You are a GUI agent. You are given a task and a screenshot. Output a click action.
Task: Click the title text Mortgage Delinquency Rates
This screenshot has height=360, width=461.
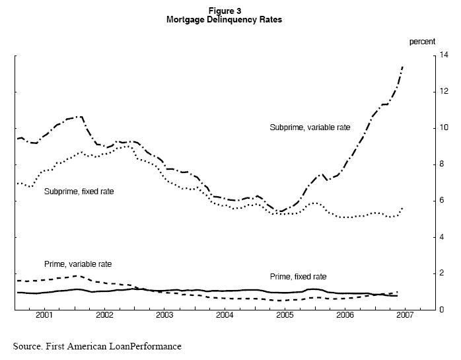pos(225,20)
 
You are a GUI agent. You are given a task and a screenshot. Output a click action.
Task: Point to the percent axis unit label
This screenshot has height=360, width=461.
pos(422,42)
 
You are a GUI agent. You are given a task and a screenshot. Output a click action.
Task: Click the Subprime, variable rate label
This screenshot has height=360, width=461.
pos(310,127)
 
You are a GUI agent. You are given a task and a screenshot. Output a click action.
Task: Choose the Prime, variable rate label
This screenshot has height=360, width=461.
pos(78,264)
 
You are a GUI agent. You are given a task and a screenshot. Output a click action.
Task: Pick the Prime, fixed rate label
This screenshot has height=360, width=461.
pos(299,276)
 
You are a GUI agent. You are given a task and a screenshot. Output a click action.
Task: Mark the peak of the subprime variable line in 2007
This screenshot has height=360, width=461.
pos(403,67)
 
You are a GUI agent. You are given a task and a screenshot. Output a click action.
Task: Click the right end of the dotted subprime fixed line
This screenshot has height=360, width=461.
pos(403,207)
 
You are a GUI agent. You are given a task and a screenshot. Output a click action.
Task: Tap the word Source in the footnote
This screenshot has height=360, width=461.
pos(28,345)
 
